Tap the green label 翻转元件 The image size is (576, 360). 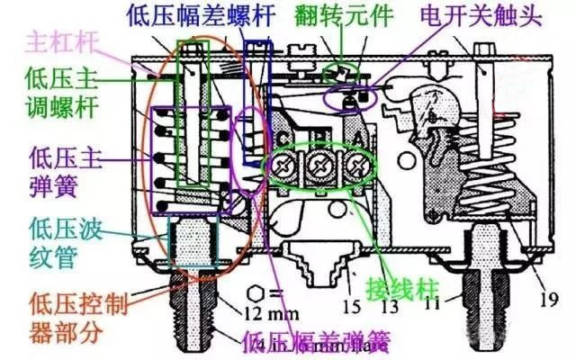(x=344, y=16)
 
